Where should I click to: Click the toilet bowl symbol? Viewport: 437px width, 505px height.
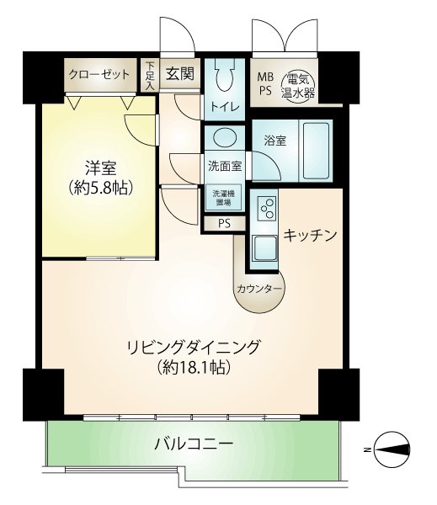click(225, 75)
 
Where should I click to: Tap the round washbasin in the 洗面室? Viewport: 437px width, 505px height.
click(225, 137)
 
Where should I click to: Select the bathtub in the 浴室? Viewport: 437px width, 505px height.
click(316, 151)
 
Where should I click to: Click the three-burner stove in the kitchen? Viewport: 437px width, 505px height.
click(267, 209)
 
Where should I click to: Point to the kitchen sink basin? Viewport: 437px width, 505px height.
click(264, 248)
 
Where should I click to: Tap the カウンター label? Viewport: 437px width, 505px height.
click(259, 289)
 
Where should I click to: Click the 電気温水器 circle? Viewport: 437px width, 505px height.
click(297, 86)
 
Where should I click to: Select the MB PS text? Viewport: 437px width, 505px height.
click(265, 83)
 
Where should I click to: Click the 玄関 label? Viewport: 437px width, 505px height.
click(180, 74)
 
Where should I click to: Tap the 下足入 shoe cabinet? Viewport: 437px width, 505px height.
click(150, 76)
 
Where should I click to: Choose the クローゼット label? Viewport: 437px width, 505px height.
click(99, 75)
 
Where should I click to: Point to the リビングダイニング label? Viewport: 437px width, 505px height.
click(194, 347)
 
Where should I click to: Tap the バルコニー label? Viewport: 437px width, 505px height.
click(194, 444)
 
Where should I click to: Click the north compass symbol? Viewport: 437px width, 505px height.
click(392, 449)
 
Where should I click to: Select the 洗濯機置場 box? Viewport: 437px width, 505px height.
click(223, 198)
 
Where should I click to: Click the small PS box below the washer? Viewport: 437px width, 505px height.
click(225, 224)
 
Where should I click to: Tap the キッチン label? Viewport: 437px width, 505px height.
click(310, 235)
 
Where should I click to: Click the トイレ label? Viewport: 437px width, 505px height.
click(225, 107)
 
